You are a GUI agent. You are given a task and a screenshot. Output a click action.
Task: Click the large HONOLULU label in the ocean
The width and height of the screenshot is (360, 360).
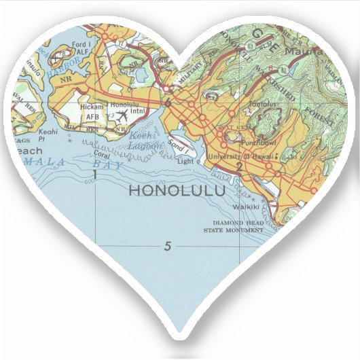point(177,191)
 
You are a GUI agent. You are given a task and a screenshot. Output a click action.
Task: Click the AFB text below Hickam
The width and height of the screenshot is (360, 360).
point(92,117)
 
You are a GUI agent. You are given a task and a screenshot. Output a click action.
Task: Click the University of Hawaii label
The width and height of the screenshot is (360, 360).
point(242,158)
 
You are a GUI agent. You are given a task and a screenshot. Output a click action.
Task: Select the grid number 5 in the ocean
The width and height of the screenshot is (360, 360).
point(168,246)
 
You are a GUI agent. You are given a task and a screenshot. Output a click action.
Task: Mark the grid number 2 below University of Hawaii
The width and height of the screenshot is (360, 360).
point(239,166)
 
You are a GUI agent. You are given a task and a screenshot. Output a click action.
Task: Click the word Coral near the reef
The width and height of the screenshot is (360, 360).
point(101,154)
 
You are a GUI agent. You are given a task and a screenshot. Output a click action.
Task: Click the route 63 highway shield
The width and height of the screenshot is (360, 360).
point(251,47)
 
